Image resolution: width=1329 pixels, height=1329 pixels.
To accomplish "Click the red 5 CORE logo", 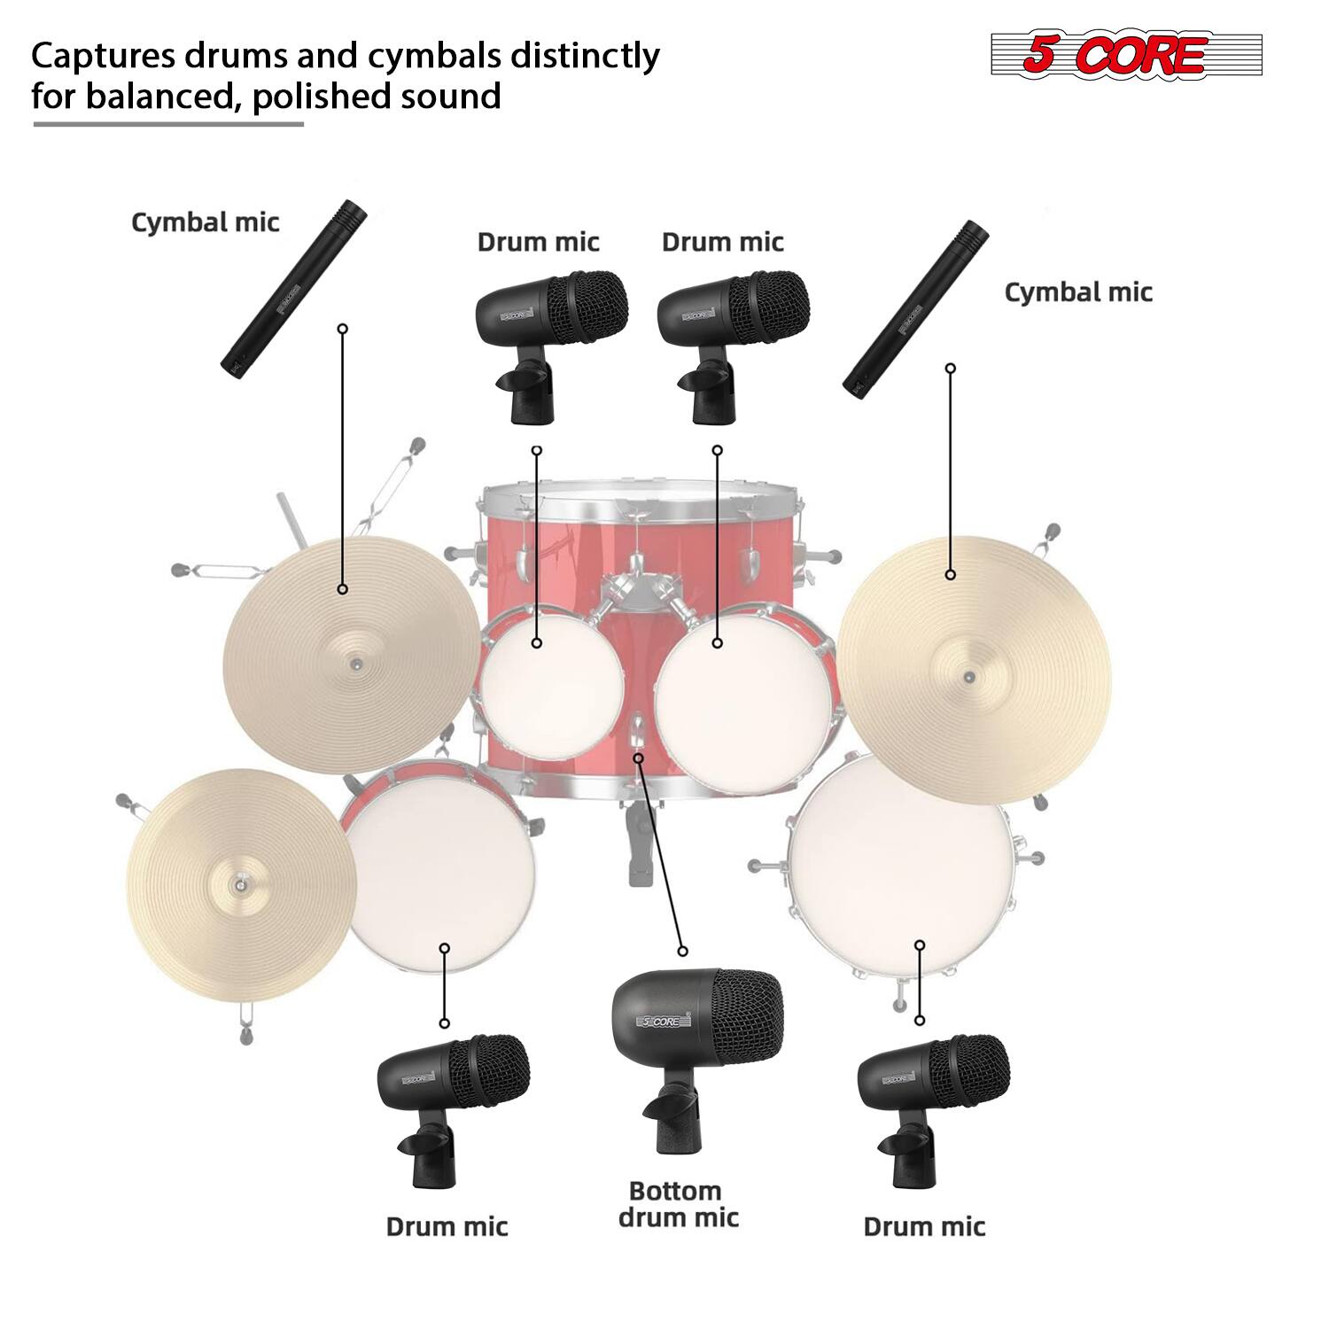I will pos(1125,55).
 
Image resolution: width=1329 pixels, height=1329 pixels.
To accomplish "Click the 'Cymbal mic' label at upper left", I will pos(205,221).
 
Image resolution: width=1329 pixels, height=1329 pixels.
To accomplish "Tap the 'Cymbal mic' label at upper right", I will pos(1077,291).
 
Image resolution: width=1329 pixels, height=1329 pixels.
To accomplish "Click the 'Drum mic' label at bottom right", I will pos(923,1226).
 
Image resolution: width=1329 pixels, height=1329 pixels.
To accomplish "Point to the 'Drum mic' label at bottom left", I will pos(447,1226).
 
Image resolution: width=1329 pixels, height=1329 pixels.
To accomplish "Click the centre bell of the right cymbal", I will pos(968,678).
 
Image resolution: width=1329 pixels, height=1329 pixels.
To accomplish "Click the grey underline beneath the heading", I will pos(168,124).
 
